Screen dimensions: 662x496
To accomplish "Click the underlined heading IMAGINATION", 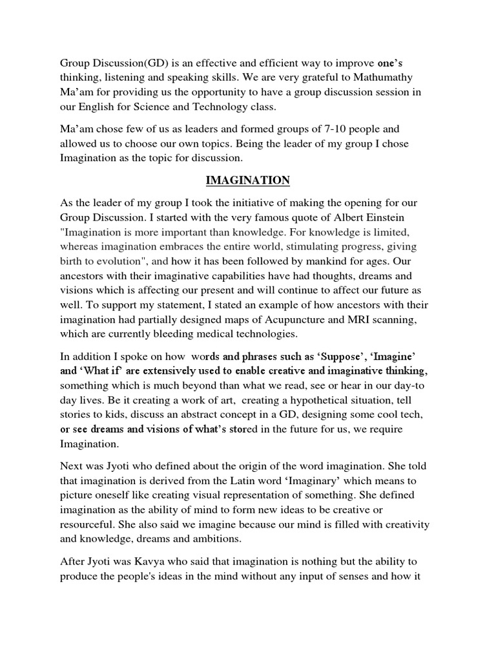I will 248,180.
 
